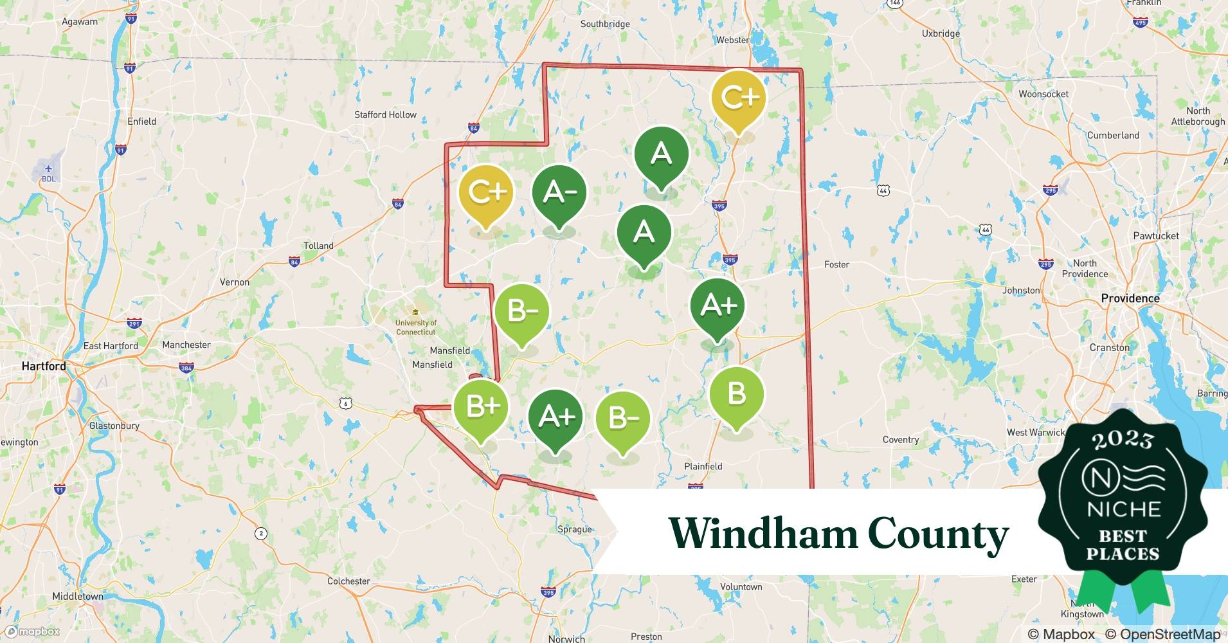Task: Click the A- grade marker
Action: tap(559, 193)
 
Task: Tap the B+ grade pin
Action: tap(480, 407)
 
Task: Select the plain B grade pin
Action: tap(736, 394)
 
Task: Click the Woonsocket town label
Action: tap(1043, 94)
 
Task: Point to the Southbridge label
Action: tap(604, 24)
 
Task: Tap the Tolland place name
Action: tap(318, 246)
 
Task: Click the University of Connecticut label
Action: tap(415, 327)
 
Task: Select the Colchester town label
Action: tap(348, 581)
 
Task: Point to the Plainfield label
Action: tap(703, 466)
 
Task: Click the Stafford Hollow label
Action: tap(385, 114)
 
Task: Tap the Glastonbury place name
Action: tap(114, 426)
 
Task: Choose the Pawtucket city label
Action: tap(1155, 236)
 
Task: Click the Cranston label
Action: tap(1109, 348)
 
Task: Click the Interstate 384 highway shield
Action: tap(186, 368)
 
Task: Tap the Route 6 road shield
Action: tap(347, 403)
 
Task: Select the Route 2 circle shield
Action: tap(260, 533)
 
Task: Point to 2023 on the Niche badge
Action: tap(1123, 440)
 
